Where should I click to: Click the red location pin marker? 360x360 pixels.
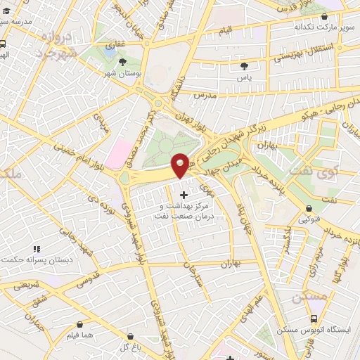(180, 165)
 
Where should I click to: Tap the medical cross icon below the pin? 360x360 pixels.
(184, 193)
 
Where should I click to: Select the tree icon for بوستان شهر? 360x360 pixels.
(124, 62)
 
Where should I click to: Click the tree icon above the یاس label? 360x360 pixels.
(244, 65)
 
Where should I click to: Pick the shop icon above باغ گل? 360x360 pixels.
(127, 335)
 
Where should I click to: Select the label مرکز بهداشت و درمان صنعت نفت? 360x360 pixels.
(184, 212)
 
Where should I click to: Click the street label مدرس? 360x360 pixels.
(202, 94)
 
